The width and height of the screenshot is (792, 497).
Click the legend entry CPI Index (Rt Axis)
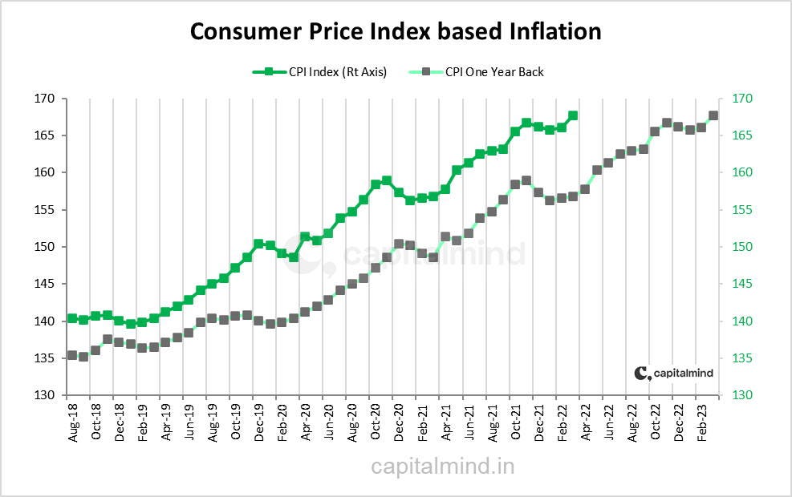click(337, 72)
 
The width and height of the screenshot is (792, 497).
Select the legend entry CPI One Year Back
click(494, 72)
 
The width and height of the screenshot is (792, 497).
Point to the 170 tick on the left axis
click(43, 99)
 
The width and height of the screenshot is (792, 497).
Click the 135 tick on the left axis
click(43, 358)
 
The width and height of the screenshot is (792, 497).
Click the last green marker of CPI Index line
click(572, 115)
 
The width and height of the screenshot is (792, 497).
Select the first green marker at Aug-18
click(71, 318)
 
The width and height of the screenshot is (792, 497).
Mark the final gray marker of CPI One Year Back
click(713, 115)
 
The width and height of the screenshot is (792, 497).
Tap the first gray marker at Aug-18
click(71, 355)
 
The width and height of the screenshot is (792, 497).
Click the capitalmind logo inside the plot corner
click(673, 373)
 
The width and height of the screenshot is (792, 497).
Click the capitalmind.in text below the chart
click(442, 466)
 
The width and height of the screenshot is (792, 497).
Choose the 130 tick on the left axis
click(43, 395)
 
